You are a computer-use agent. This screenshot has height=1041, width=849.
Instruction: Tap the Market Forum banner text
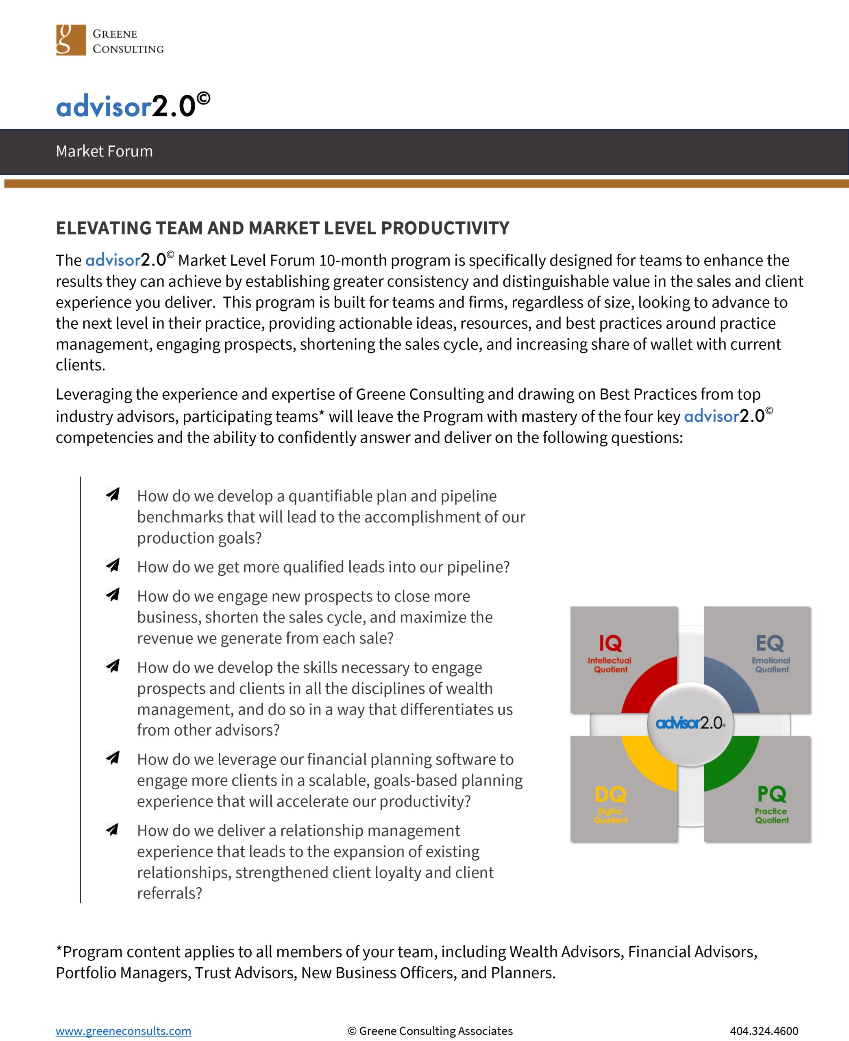pyautogui.click(x=104, y=151)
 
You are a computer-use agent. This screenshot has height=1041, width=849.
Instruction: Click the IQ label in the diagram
pyautogui.click(x=610, y=643)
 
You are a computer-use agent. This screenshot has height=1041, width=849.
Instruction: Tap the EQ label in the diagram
pyautogui.click(x=770, y=643)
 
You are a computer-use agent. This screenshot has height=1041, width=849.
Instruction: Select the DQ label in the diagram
pyautogui.click(x=610, y=795)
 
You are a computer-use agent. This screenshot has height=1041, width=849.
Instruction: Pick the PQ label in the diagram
pyautogui.click(x=771, y=794)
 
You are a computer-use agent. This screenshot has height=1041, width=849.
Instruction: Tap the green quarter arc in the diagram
pyautogui.click(x=734, y=763)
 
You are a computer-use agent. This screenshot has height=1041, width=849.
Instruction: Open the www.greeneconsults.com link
pyautogui.click(x=123, y=1031)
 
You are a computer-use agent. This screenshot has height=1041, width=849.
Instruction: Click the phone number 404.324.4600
pyautogui.click(x=764, y=1031)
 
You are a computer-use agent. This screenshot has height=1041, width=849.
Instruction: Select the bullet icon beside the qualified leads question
pyautogui.click(x=113, y=565)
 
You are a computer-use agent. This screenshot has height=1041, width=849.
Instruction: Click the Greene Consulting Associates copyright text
pyautogui.click(x=430, y=1031)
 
